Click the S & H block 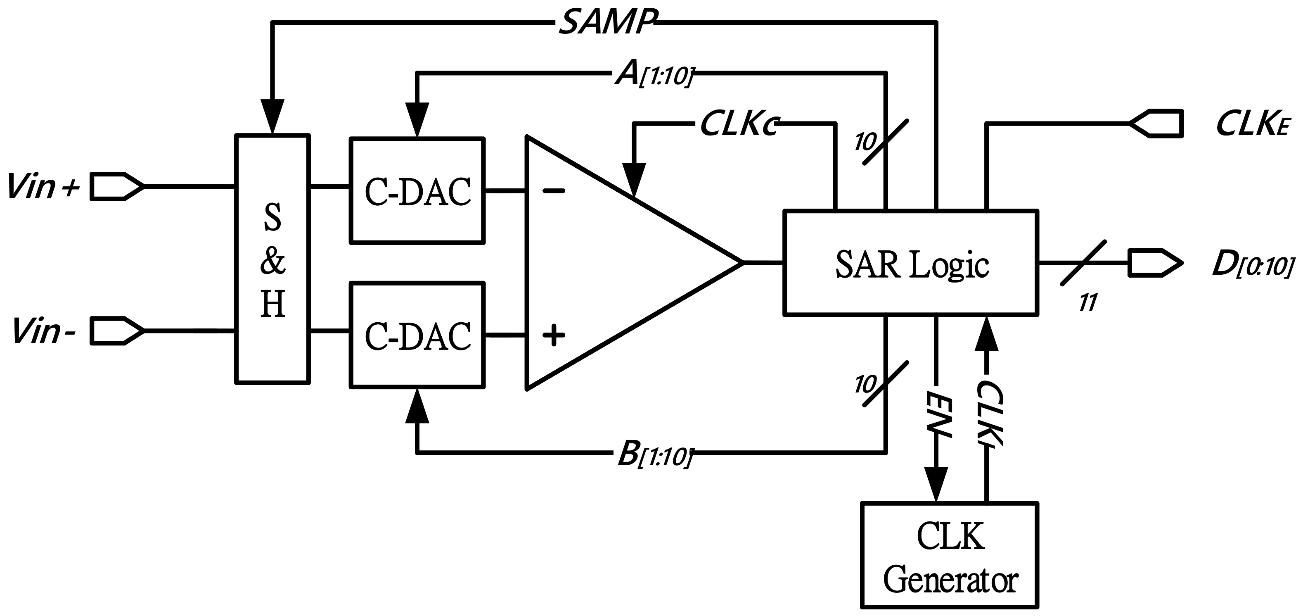click(x=272, y=259)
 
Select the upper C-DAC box click(x=417, y=191)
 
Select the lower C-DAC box click(x=417, y=335)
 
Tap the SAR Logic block click(x=910, y=263)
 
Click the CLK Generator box click(x=950, y=555)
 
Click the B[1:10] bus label click(x=652, y=454)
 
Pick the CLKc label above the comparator click(x=739, y=124)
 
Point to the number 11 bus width click(x=1087, y=303)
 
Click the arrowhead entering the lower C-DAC click(x=417, y=406)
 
